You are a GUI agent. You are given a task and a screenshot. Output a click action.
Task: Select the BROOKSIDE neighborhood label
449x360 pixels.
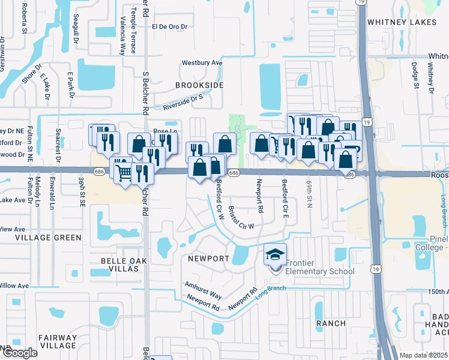[199, 85]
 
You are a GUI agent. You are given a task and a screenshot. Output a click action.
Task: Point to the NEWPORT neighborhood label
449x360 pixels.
[208, 259]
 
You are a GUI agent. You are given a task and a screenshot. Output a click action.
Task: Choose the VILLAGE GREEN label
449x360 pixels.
[50, 238]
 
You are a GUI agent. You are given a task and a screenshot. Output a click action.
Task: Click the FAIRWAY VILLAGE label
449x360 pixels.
[58, 341]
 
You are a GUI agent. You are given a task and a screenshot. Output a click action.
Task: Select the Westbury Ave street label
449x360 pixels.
[202, 62]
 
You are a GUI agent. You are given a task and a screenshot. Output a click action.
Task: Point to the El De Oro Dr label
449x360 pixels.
[170, 26]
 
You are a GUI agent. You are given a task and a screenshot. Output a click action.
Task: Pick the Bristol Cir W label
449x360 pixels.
[241, 218]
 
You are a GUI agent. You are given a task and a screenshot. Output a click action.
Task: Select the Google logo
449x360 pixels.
[20, 353]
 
